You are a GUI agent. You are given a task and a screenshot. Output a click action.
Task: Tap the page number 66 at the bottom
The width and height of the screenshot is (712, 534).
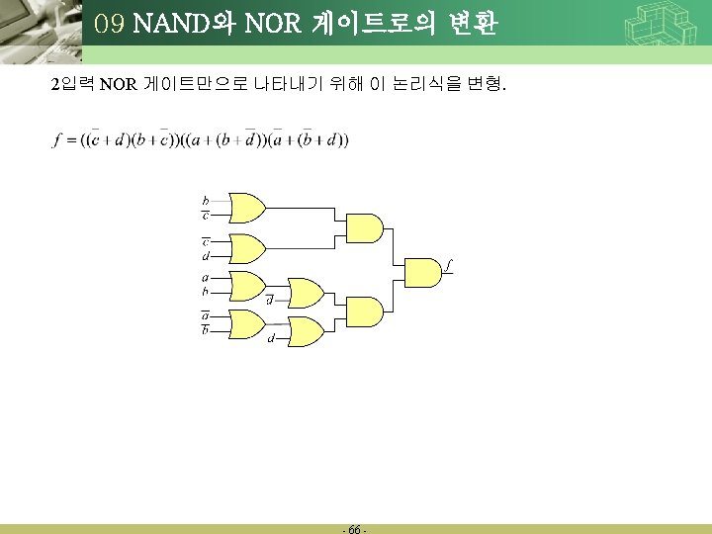click(x=355, y=530)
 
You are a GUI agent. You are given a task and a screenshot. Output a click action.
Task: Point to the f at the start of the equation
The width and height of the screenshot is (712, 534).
click(x=57, y=139)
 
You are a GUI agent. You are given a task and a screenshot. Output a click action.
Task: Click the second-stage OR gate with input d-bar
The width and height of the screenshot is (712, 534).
click(x=306, y=293)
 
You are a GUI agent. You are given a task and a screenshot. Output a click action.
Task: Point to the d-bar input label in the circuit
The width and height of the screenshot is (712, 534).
click(x=270, y=301)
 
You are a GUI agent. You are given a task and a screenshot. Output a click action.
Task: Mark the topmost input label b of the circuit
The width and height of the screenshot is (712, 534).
click(x=205, y=201)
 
